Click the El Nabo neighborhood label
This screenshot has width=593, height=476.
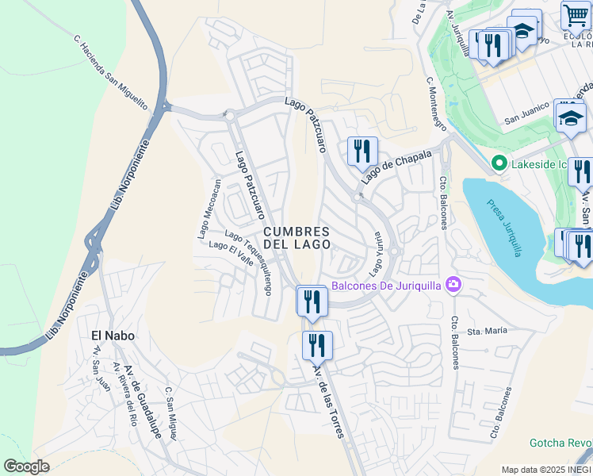(112, 336)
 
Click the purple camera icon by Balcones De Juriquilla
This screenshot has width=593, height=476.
(453, 284)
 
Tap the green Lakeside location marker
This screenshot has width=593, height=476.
(499, 164)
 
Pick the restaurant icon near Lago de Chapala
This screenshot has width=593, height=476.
(362, 151)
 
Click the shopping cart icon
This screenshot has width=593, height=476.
(575, 15)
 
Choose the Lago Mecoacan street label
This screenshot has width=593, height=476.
(209, 208)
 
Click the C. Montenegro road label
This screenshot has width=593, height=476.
(436, 103)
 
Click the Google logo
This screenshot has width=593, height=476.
(26, 466)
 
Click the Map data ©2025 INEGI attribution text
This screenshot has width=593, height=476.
(545, 470)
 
